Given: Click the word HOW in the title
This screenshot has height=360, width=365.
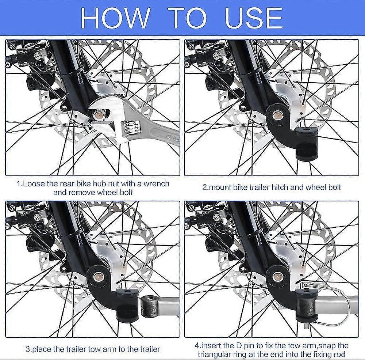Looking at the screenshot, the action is click(115, 18).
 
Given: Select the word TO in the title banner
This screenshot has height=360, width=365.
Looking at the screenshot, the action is click(187, 18).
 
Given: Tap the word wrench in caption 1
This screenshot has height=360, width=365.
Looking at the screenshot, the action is click(157, 184).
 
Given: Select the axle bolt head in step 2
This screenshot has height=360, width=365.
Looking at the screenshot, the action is click(277, 114).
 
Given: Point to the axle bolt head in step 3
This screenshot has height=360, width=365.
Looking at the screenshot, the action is click(97, 277).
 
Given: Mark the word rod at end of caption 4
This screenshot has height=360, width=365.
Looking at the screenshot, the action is click(339, 355).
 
